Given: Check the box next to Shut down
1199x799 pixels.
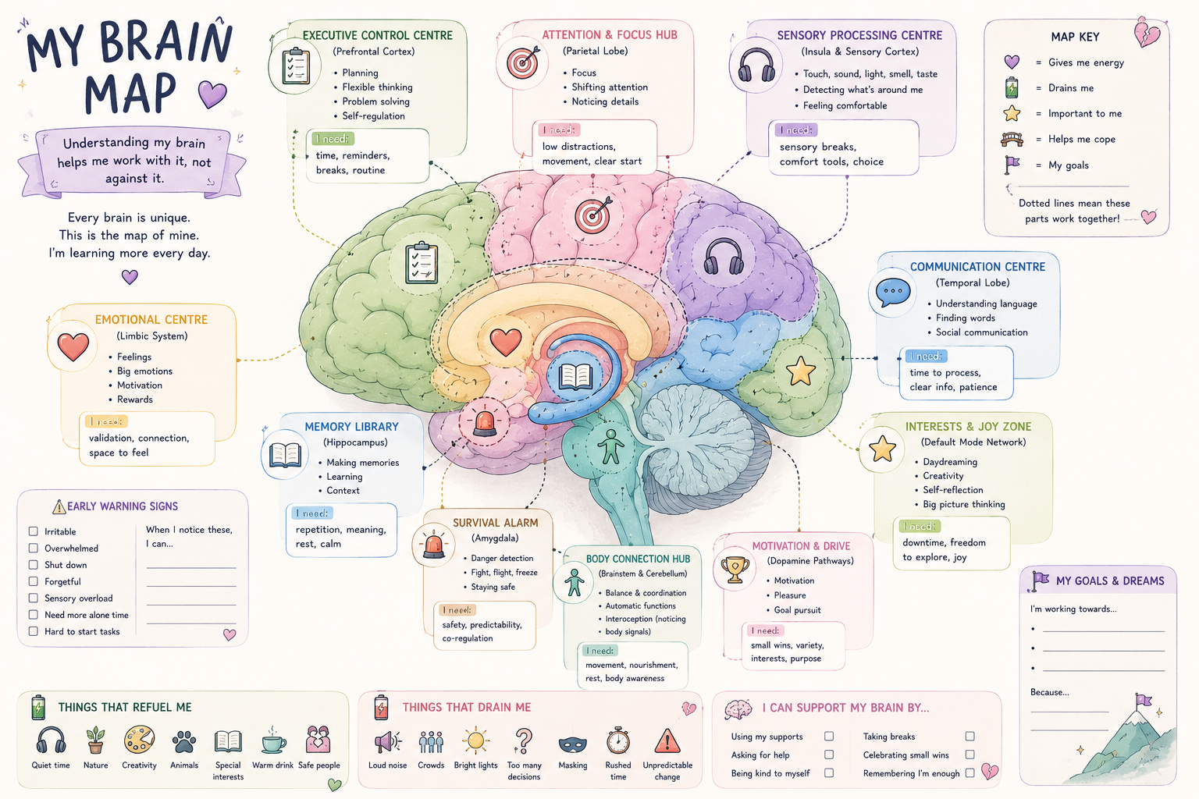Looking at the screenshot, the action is [34, 565].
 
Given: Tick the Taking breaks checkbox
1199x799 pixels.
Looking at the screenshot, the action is [970, 737].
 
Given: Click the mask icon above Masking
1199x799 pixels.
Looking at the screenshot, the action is [572, 744].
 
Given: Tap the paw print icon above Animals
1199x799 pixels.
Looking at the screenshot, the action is [184, 742].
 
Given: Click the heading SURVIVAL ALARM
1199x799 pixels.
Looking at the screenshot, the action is [495, 523].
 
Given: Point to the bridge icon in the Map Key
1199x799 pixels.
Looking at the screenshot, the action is [1012, 140].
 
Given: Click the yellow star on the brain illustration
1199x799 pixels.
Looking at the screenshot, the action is [800, 371].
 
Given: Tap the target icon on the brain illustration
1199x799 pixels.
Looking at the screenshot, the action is [592, 215].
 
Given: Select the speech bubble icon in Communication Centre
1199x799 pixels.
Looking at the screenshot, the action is [893, 292].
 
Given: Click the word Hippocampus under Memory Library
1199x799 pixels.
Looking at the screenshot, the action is [355, 442].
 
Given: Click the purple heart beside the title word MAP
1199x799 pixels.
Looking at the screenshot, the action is [212, 94].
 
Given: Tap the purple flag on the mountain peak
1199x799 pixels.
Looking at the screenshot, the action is [1143, 701].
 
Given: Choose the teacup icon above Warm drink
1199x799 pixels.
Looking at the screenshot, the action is [273, 741].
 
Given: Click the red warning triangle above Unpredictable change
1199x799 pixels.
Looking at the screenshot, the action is [667, 741].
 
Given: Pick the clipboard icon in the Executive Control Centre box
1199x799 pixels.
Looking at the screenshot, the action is [296, 66].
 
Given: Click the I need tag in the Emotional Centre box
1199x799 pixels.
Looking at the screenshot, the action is [106, 421].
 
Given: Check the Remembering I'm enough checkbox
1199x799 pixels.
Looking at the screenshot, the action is [970, 772].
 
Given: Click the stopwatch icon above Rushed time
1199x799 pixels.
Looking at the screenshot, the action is [617, 740].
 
